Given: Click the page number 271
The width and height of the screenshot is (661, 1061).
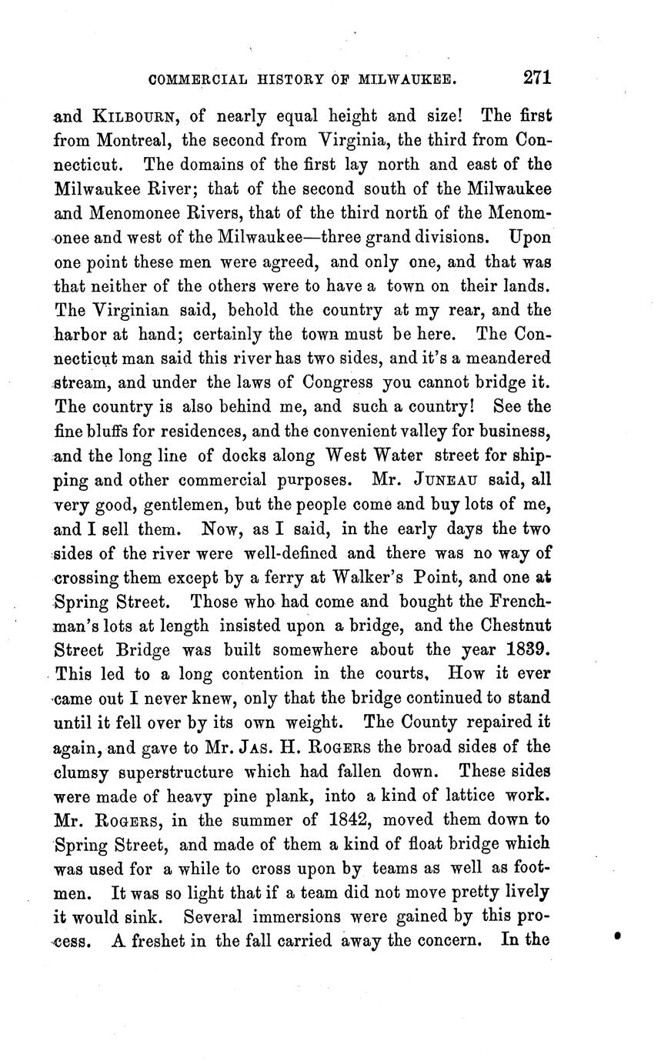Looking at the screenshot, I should click(537, 77).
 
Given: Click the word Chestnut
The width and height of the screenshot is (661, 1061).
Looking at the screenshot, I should click(512, 626).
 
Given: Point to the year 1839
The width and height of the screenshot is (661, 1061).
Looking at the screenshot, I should click(522, 650).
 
